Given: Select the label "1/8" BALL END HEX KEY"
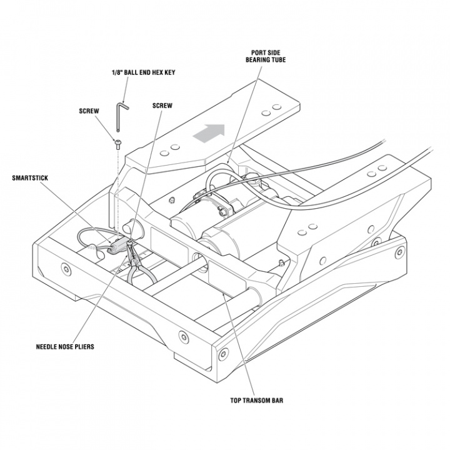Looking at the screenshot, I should [143, 72].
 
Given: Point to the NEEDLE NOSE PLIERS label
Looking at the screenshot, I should [65, 346].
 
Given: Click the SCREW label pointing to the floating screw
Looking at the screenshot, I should [88, 111].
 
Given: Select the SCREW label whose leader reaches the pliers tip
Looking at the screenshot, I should [162, 106].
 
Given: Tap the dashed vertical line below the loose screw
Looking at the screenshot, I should [117, 187].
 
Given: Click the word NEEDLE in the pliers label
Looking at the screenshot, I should [46, 346].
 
